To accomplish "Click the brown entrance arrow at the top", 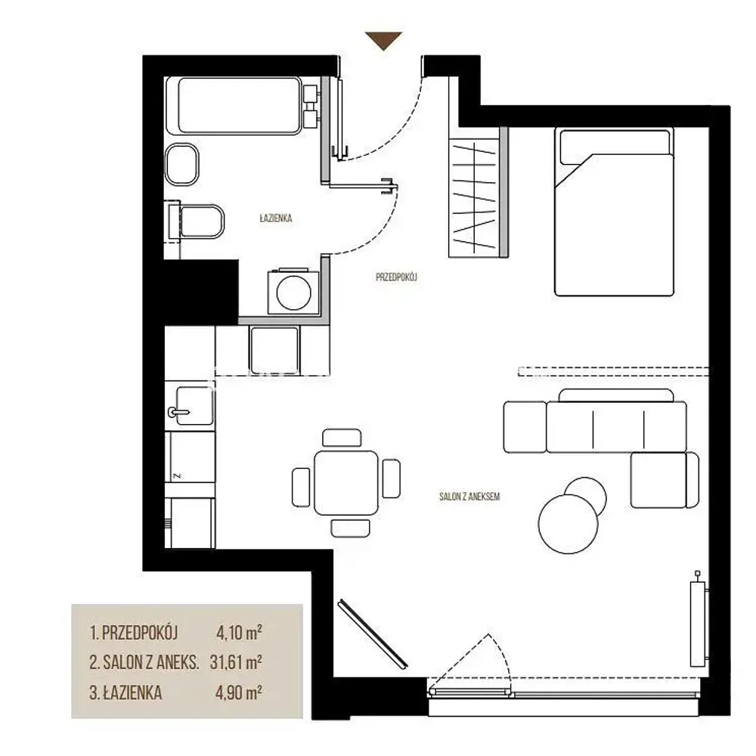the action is [383, 41].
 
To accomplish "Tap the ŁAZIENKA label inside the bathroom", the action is [276, 218].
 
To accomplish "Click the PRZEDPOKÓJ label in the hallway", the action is [396, 277].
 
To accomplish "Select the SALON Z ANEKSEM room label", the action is [469, 497].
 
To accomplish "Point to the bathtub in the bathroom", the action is [240, 106].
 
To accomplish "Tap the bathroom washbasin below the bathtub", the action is [181, 164].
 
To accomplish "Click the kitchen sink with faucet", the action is [190, 405].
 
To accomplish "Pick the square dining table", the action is [346, 482].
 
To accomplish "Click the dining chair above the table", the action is [342, 438].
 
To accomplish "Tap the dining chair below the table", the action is [351, 528].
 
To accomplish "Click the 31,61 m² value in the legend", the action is [236, 662].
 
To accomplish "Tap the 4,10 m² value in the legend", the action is [239, 632].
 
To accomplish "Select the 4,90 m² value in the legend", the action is [239, 692].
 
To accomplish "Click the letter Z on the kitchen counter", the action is [177, 476].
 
